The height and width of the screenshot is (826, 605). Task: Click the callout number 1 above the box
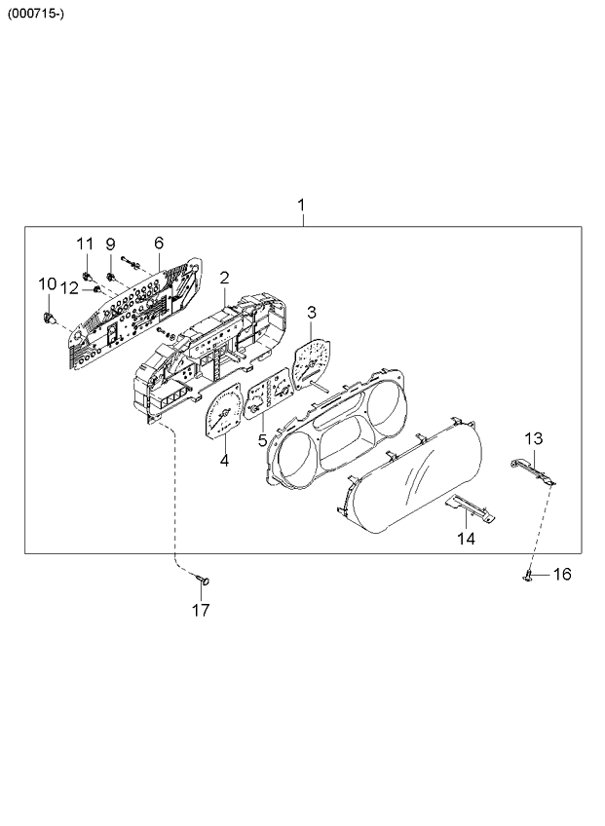coord(301,205)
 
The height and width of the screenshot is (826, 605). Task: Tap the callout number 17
coord(201,610)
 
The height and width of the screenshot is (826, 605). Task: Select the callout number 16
coord(562,574)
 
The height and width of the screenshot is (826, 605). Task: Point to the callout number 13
coord(533,438)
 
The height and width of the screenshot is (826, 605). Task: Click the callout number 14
coord(466,539)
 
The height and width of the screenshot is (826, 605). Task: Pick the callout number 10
coord(48,284)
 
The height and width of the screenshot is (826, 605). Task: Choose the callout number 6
coord(159,243)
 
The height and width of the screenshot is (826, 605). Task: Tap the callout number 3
coord(312,313)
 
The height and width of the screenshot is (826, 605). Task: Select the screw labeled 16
coord(529,578)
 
